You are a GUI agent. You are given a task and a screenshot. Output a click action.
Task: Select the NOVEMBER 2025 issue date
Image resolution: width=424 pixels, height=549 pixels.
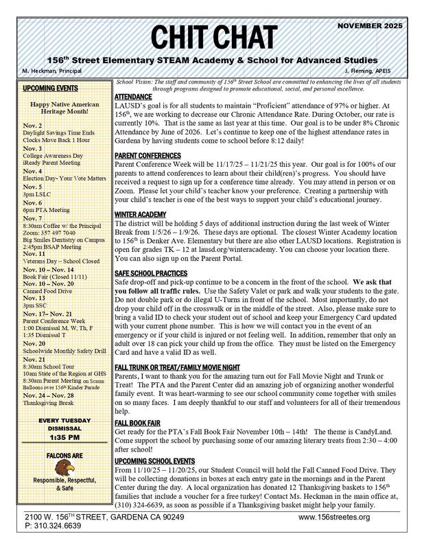373,25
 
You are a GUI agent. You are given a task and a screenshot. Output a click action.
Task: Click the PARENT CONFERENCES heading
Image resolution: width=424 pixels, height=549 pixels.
148,156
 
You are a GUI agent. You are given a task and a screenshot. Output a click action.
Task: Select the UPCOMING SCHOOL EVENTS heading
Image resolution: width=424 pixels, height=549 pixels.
155,441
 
